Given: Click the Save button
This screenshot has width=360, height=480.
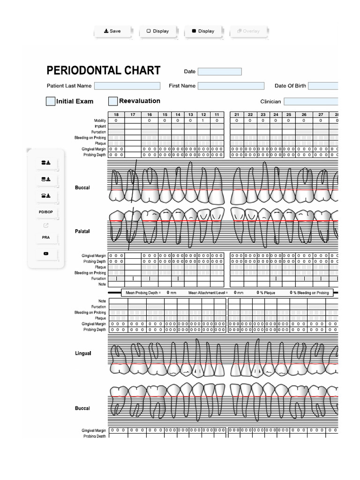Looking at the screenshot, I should click(x=112, y=31).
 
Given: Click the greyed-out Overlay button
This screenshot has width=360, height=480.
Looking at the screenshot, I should click(x=248, y=31).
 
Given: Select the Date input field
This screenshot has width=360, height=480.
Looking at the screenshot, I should click(x=219, y=72).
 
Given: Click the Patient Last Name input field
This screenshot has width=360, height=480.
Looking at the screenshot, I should click(x=127, y=86).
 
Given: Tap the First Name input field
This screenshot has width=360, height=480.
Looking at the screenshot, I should click(x=231, y=86).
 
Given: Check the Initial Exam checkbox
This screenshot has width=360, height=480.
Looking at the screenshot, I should click(x=51, y=101).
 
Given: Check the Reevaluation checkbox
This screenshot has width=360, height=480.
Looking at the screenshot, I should click(x=113, y=101).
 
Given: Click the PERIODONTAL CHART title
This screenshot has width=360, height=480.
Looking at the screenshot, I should click(x=104, y=71).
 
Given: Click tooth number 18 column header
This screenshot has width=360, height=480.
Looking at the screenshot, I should click(x=116, y=115).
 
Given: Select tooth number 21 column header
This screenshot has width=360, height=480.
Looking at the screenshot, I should click(x=237, y=115).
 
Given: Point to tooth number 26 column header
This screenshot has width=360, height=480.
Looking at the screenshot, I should click(x=304, y=115).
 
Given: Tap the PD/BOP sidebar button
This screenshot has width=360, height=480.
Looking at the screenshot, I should click(x=45, y=212).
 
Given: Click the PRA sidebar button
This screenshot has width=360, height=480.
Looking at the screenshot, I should click(x=45, y=238).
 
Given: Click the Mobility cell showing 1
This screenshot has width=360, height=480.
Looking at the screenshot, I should click(x=203, y=120).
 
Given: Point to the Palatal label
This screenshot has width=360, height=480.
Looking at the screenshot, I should click(x=82, y=232).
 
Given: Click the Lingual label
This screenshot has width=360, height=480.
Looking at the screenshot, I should click(x=83, y=353).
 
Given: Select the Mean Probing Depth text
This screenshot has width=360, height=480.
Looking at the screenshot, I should click(x=143, y=292).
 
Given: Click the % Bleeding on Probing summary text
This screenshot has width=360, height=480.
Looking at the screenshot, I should click(x=310, y=292).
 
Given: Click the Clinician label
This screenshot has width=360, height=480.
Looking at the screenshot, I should click(x=270, y=102).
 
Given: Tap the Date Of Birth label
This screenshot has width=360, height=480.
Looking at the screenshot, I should click(x=290, y=86).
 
